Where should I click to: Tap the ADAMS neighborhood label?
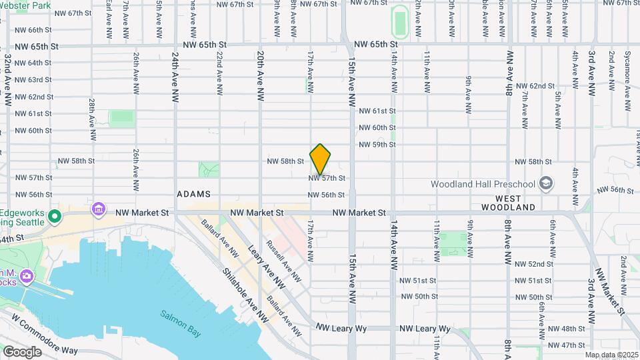click(193, 194)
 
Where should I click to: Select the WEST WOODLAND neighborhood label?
click(515, 203)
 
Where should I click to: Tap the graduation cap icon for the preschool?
click(546, 183)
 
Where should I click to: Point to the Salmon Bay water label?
click(177, 315)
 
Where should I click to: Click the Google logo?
click(22, 351)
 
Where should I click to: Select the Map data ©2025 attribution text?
click(610, 355)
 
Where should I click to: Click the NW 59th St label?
click(377, 145)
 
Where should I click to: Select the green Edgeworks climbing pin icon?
click(55, 217)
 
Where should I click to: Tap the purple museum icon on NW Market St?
click(99, 210)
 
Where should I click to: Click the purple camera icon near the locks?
click(27, 275)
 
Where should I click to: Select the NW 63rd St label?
click(33, 80)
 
